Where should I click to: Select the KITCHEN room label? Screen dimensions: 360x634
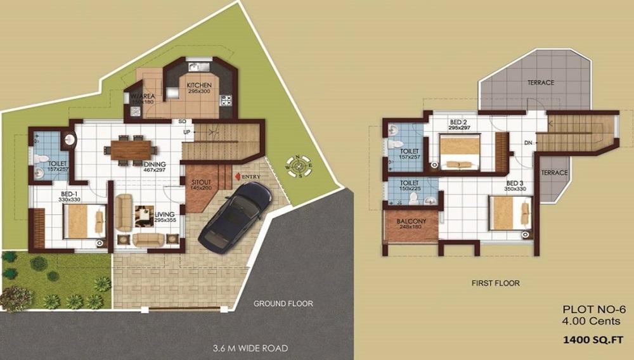tap(198, 85)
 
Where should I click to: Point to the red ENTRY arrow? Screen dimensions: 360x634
tap(237, 176)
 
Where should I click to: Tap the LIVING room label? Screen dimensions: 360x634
tap(164, 214)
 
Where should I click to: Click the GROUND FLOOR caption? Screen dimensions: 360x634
tap(283, 304)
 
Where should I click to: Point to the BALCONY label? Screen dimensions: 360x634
tap(411, 221)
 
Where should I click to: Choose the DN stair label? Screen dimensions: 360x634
tap(527, 143)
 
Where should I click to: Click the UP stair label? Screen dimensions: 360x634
tap(186, 132)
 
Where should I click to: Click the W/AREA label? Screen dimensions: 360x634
tap(142, 96)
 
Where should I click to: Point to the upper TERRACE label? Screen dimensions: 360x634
tap(541, 83)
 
